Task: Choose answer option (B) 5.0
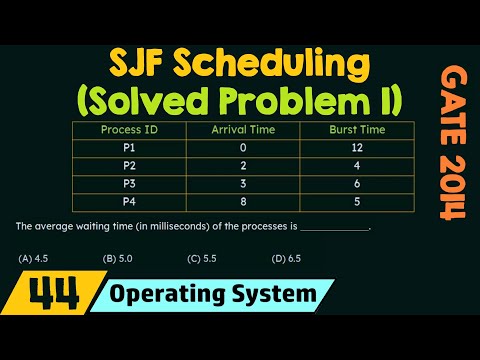tap(118, 259)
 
